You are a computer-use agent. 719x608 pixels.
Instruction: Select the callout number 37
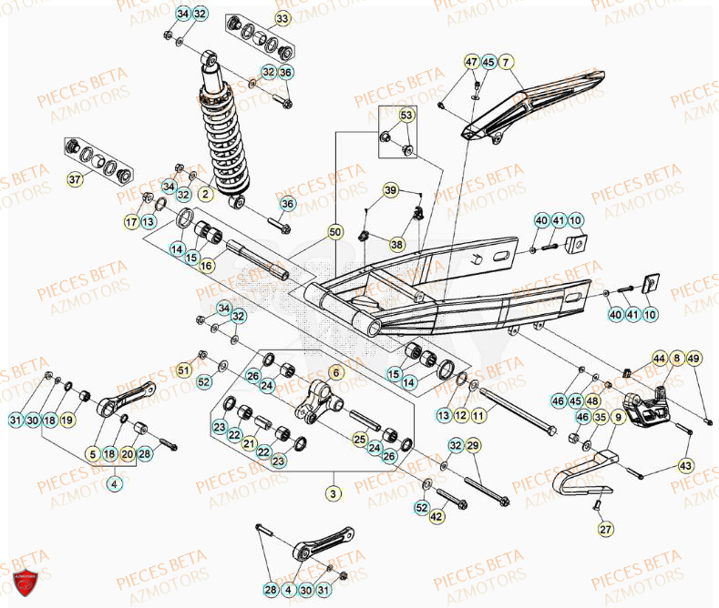pyautogui.click(x=75, y=179)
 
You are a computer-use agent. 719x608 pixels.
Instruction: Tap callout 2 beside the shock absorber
pyautogui.click(x=206, y=194)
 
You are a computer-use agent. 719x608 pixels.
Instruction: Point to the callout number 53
pyautogui.click(x=406, y=116)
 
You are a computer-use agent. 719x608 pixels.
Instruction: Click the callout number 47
pyautogui.click(x=471, y=62)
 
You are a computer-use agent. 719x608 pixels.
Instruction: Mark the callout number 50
pyautogui.click(x=335, y=233)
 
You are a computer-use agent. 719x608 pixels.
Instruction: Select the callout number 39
pyautogui.click(x=390, y=190)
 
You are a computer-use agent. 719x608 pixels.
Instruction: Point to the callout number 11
pyautogui.click(x=479, y=415)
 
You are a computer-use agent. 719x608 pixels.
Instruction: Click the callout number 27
pyautogui.click(x=604, y=528)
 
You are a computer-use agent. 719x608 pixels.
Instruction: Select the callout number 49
pyautogui.click(x=693, y=359)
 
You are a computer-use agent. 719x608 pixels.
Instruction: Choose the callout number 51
pyautogui.click(x=183, y=370)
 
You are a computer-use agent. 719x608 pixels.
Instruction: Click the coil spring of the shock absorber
pyautogui.click(x=222, y=137)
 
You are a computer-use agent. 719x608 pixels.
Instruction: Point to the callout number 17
pyautogui.click(x=131, y=221)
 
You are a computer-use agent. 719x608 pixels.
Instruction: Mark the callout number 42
pyautogui.click(x=437, y=517)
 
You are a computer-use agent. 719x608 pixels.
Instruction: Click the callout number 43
pyautogui.click(x=686, y=465)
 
